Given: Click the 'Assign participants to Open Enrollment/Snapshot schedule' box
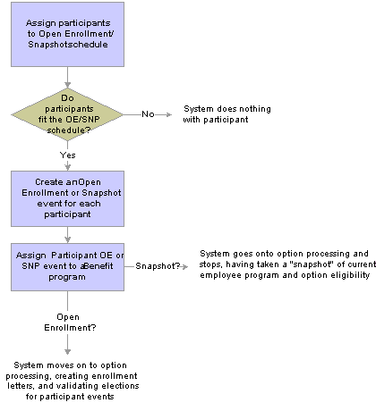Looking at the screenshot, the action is (67, 34).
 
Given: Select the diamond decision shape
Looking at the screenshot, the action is (67, 114).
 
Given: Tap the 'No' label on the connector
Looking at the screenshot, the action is (148, 114).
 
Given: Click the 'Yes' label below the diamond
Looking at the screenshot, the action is (68, 155).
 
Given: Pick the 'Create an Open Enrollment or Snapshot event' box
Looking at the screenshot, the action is (67, 198).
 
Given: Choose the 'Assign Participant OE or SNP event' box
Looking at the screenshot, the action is (67, 267).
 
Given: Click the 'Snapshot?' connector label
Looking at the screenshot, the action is (158, 266).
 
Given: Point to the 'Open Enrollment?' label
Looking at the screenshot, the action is (70, 323).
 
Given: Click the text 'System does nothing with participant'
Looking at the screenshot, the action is (227, 114).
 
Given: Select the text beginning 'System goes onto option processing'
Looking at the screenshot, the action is (287, 264).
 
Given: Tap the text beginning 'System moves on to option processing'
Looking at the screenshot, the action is (73, 381).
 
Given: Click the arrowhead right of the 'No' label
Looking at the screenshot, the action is (169, 114).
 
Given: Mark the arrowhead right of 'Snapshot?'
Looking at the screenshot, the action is (185, 267).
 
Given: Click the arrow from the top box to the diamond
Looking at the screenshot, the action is (68, 77).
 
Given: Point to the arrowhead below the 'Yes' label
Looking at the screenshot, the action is (68, 166).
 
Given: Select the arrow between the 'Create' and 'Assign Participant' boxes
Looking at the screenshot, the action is (68, 235).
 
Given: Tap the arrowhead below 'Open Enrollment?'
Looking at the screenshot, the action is (68, 351).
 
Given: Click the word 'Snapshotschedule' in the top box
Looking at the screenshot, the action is (68, 45).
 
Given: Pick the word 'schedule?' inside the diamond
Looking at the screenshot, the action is (69, 130).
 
